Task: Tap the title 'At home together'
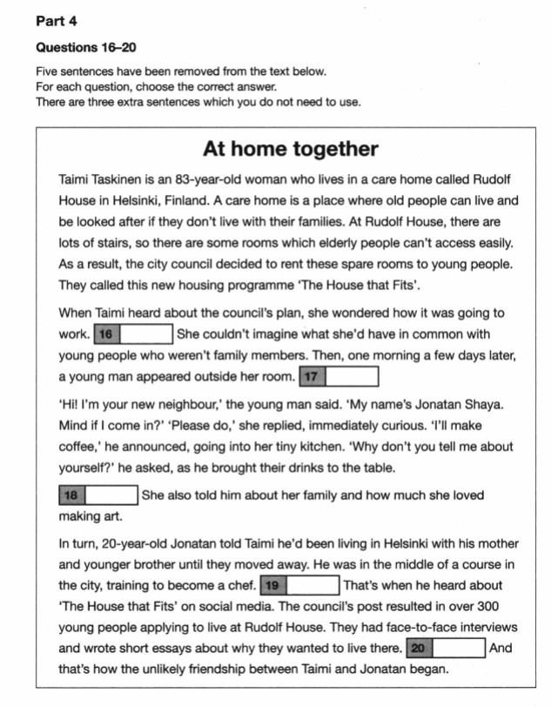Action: click(x=290, y=149)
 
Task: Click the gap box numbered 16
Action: click(x=132, y=333)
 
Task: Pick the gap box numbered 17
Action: click(x=338, y=376)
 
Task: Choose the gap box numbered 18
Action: click(x=97, y=495)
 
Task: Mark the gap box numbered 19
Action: click(x=299, y=585)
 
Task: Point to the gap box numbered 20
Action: click(x=445, y=649)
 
